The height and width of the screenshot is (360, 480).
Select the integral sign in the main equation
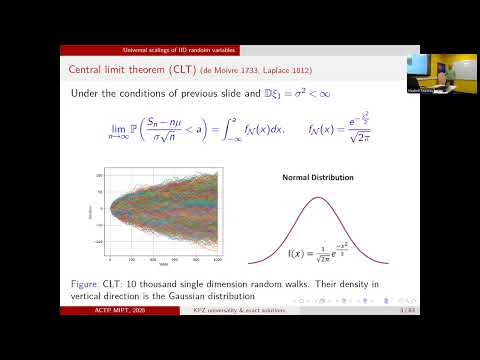coord(224,129)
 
